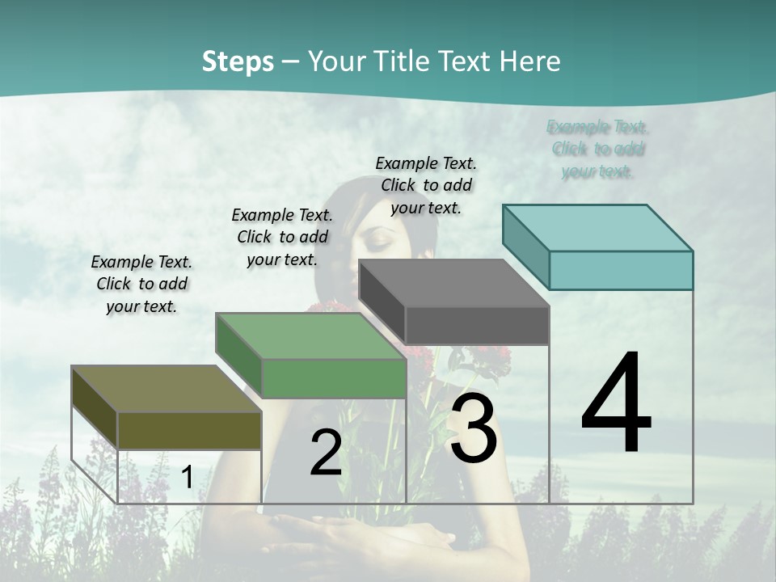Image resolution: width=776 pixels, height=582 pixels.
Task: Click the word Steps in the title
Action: [237, 61]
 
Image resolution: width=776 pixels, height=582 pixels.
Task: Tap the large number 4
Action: [616, 403]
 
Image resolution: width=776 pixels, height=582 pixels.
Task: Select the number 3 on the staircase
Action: [473, 429]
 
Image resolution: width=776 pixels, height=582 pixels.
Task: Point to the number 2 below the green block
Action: [326, 453]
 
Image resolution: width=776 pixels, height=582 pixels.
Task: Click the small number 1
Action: [187, 478]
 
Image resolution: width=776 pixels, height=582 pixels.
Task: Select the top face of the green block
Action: [310, 336]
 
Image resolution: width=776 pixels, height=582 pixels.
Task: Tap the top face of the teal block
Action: [598, 228]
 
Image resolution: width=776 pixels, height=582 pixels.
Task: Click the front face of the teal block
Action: [621, 270]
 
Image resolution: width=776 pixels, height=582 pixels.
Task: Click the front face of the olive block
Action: [189, 430]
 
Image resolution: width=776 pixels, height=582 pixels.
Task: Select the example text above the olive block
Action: [141, 285]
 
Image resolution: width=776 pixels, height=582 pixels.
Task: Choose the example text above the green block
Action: [281, 237]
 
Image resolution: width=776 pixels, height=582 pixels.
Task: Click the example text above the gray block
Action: [426, 185]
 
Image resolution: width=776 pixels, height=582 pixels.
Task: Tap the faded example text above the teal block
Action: [598, 150]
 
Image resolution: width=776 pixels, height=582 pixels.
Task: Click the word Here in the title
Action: [530, 61]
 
